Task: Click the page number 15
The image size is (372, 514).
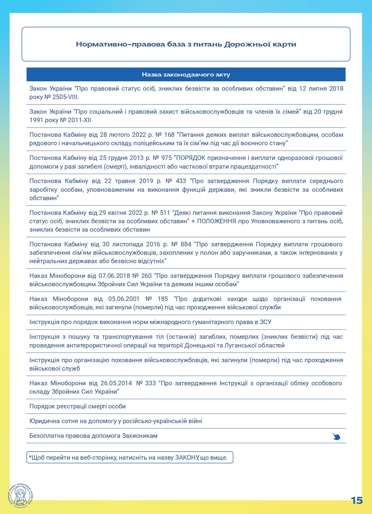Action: (x=357, y=500)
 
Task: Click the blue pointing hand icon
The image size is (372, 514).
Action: (x=336, y=437)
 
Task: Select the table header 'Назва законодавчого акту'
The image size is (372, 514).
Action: (x=186, y=75)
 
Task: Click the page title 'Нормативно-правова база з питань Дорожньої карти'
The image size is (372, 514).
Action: (x=186, y=44)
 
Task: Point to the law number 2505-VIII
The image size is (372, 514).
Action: (x=65, y=97)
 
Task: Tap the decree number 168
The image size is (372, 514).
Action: (x=169, y=135)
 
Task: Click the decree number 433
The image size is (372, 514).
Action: (x=181, y=181)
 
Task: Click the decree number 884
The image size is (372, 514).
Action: (x=186, y=244)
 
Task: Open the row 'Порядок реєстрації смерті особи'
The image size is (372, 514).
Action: (x=77, y=406)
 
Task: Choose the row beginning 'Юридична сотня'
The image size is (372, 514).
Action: (x=115, y=421)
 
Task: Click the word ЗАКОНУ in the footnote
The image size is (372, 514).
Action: (x=187, y=458)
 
